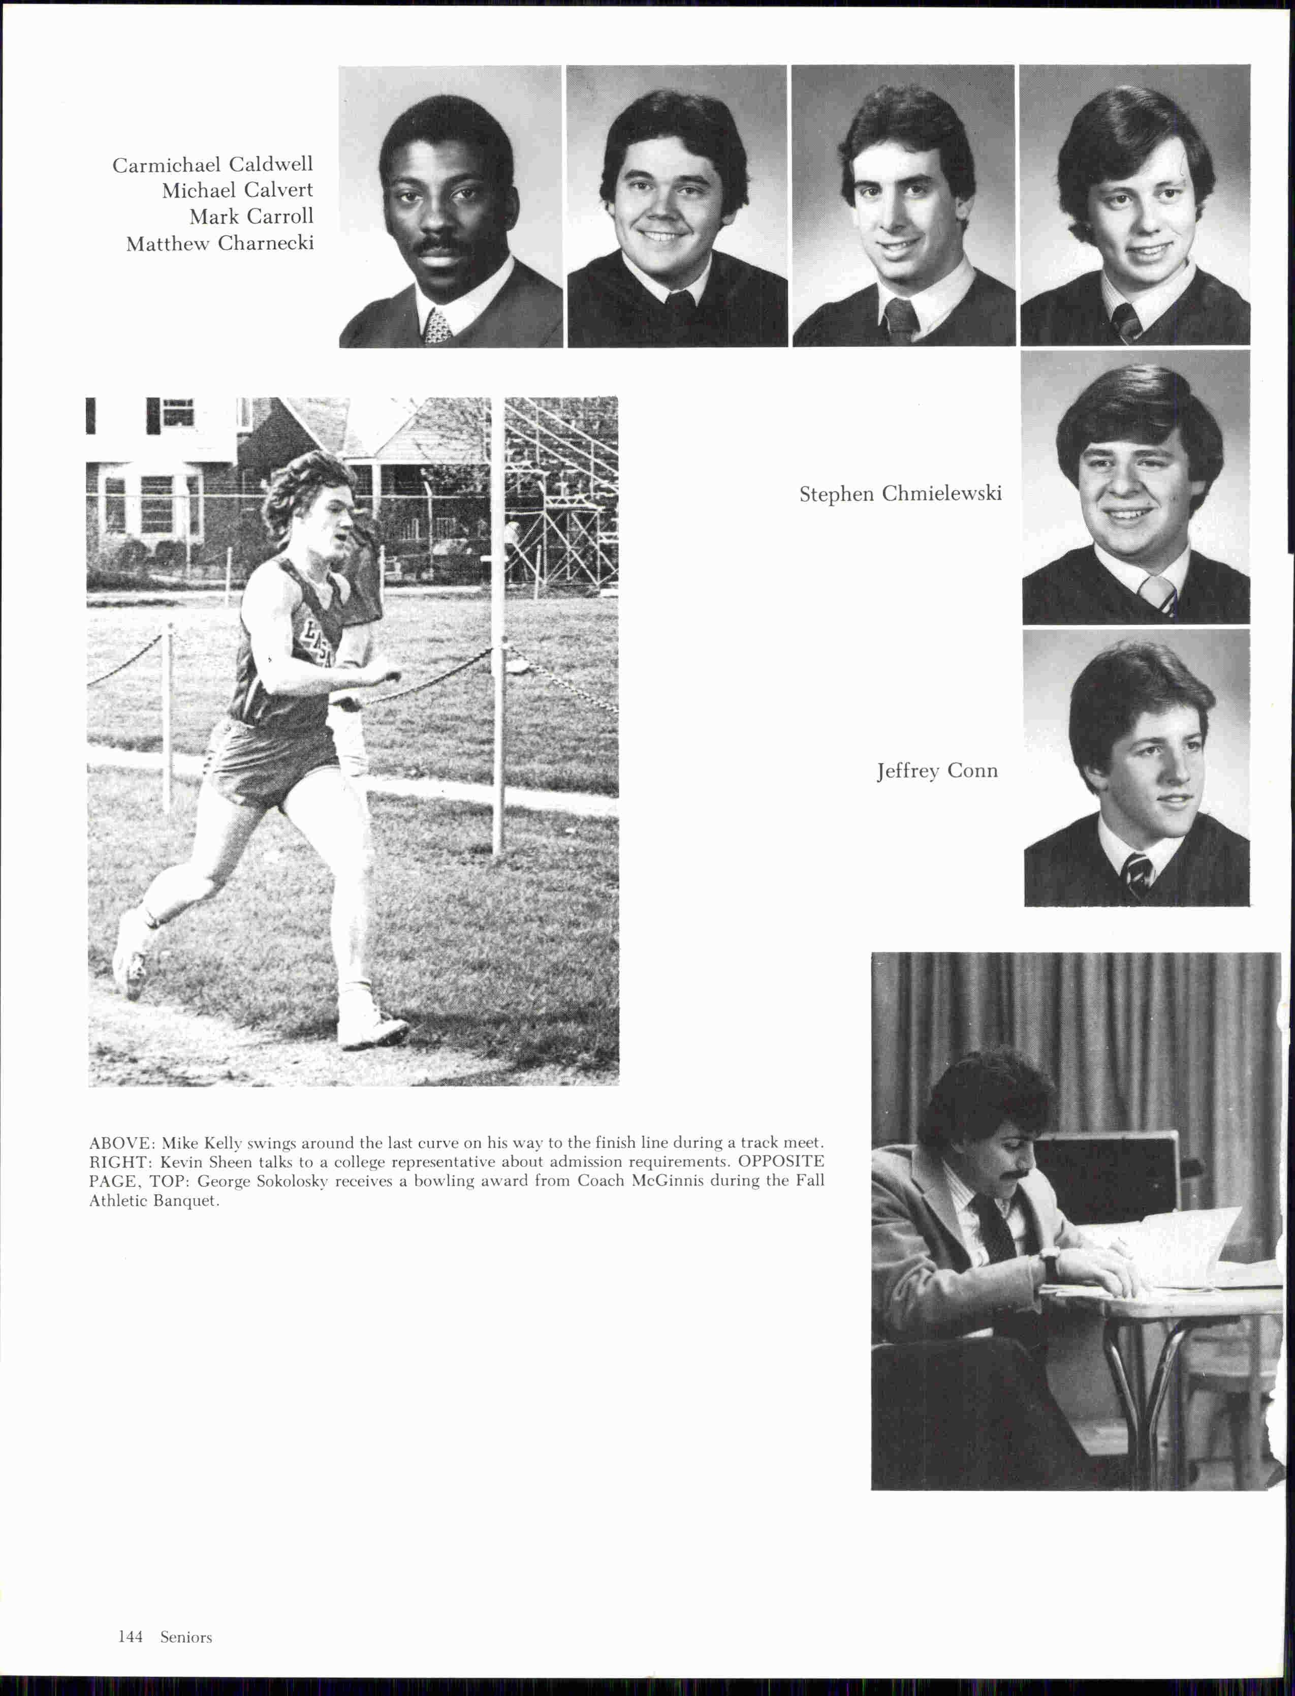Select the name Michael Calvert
coord(237,191)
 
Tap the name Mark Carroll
coord(251,217)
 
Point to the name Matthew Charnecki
coord(219,243)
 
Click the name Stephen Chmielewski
coord(900,494)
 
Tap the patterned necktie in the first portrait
coord(437,326)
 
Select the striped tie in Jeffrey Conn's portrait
coord(1138,875)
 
